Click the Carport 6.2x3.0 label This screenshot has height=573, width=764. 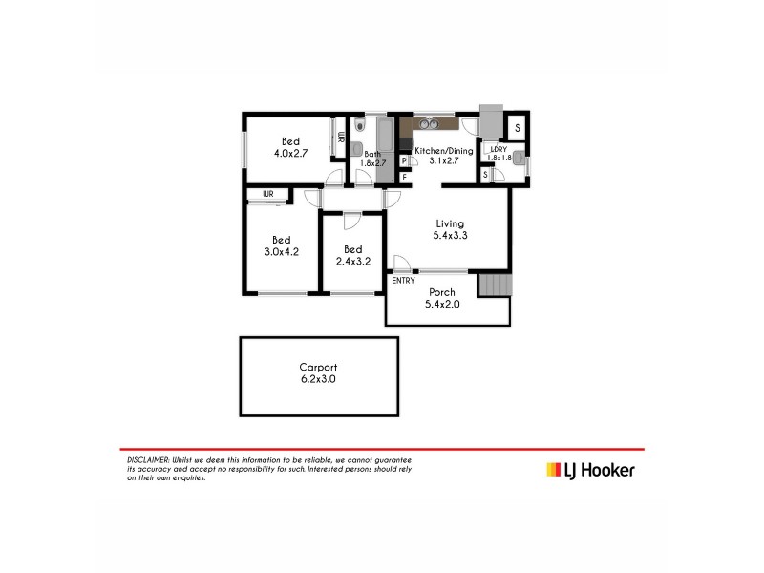coord(318,372)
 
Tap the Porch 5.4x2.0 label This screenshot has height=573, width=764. coord(442,299)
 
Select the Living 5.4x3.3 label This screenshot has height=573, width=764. coord(450,230)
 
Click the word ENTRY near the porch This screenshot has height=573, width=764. coord(403,280)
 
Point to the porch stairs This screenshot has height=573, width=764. coord(495,286)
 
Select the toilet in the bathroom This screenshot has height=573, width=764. coord(358,126)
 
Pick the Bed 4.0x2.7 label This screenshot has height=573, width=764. coord(290,147)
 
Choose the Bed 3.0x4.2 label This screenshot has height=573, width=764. coord(282,245)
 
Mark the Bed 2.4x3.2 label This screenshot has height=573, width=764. coord(352,255)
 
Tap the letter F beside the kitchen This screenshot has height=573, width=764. coord(404,177)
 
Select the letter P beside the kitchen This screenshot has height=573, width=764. coord(404,161)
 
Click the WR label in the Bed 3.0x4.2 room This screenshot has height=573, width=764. coord(268,195)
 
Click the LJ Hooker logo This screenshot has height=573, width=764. coord(589,469)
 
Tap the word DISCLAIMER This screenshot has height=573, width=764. coord(148,459)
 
